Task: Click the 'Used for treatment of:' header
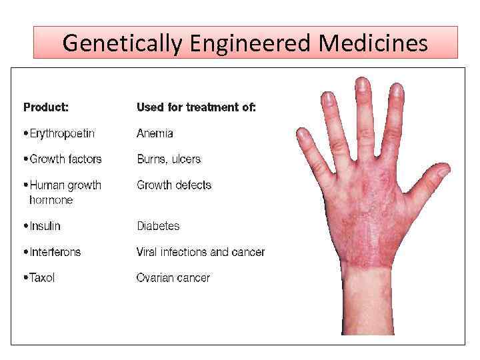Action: coord(196,107)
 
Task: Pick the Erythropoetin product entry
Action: coord(61,133)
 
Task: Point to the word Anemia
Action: coord(155,133)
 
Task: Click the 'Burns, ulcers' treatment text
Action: coord(169,159)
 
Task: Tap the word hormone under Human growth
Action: coord(51,200)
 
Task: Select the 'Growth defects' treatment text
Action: coord(174,185)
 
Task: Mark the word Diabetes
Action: coord(158,226)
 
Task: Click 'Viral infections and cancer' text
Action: coord(201,252)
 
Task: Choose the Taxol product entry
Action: coord(41,278)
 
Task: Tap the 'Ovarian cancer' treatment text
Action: coord(173,278)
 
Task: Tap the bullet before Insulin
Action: coord(25,227)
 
